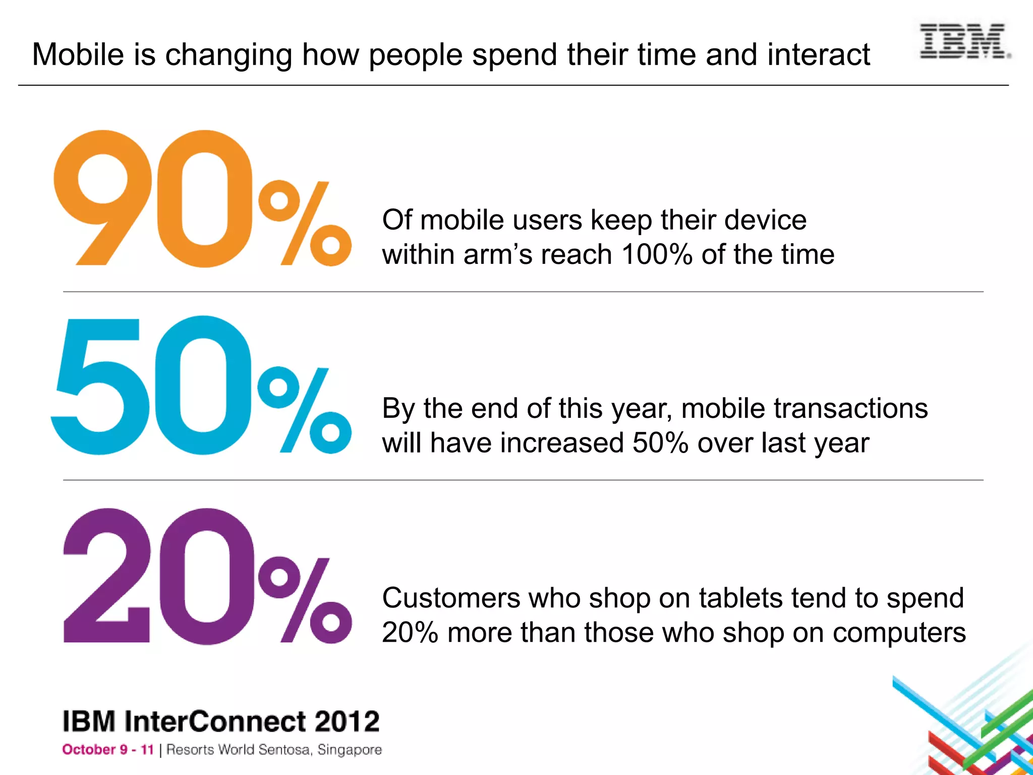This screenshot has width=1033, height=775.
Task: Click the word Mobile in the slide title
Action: (78, 54)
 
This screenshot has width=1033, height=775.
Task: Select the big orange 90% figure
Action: (202, 199)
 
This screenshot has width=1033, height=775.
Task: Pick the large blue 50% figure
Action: (202, 386)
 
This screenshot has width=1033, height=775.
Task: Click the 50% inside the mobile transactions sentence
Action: (660, 443)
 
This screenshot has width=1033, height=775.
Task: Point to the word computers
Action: (899, 633)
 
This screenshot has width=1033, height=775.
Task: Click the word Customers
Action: (450, 598)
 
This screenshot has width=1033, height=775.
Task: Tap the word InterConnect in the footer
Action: (215, 721)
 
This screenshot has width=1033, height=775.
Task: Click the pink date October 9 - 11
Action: (107, 750)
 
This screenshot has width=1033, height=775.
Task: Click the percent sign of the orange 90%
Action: (305, 223)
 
